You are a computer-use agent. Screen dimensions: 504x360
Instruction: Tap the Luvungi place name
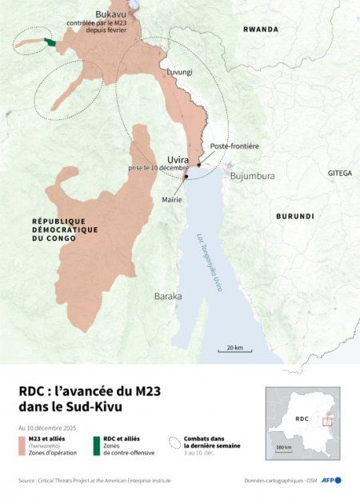click(x=179, y=72)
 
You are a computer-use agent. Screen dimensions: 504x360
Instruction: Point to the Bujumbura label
click(x=252, y=176)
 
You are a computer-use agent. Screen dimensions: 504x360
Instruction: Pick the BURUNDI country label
click(x=295, y=216)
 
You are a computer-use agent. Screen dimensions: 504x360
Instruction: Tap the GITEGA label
click(x=339, y=173)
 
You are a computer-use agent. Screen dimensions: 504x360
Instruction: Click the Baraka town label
click(x=168, y=296)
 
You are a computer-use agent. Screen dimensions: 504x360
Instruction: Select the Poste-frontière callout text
click(x=234, y=146)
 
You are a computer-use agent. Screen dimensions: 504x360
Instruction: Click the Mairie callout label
click(x=172, y=199)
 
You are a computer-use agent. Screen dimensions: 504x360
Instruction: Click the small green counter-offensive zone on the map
click(x=50, y=42)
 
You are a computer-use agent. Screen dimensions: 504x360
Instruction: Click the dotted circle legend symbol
click(x=175, y=441)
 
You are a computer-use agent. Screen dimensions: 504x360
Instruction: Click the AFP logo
click(x=332, y=480)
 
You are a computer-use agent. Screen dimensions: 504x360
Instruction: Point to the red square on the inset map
click(x=327, y=422)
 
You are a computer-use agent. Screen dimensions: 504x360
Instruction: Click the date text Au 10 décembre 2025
click(x=48, y=428)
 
